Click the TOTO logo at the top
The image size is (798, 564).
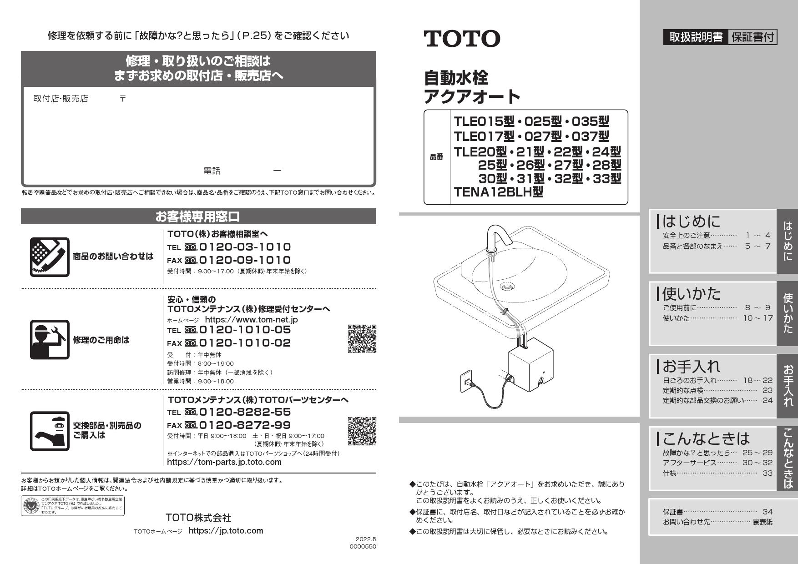click(x=462, y=39)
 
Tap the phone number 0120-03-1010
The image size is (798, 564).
click(x=244, y=247)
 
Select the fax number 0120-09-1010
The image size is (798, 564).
click(x=244, y=260)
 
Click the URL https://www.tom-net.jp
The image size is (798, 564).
click(x=251, y=319)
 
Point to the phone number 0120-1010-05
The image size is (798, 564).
click(x=244, y=330)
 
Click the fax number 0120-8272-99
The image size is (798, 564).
click(x=244, y=425)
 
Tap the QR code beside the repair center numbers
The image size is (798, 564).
click(x=362, y=339)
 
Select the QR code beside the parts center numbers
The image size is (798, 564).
click(x=362, y=431)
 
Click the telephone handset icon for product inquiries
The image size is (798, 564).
click(x=50, y=257)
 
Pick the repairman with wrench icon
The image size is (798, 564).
click(x=50, y=340)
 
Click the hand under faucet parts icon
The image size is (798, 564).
click(x=50, y=431)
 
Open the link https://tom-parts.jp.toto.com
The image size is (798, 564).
click(x=224, y=462)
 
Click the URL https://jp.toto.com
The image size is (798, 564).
click(x=226, y=531)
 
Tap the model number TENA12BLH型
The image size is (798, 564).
click(x=499, y=192)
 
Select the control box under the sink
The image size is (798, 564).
click(x=530, y=368)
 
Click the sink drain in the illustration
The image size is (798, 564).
click(x=507, y=287)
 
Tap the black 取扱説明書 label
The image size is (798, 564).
click(x=695, y=37)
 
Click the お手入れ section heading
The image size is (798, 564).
click(x=692, y=366)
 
